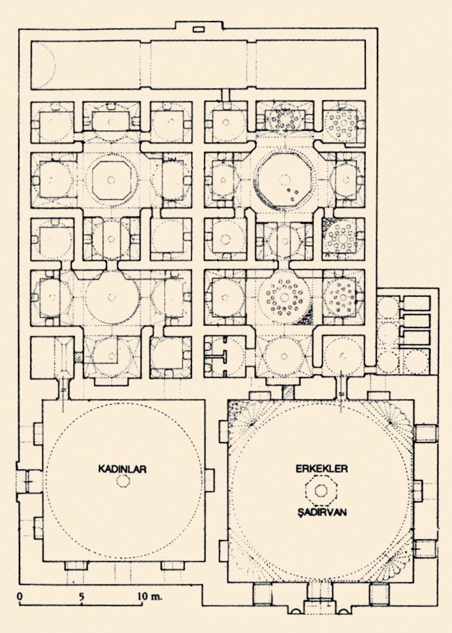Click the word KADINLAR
coord(122,469)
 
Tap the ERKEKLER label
coord(322,469)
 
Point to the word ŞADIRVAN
coord(322,512)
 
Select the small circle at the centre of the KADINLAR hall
coord(122,481)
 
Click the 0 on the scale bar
coord(19,596)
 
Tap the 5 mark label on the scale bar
coord(81,596)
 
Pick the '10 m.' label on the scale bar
coord(149,596)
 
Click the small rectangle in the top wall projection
coord(199,29)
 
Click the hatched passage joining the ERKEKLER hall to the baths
coord(288,392)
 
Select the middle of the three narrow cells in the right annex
coord(415,321)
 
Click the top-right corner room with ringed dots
coord(343,121)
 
